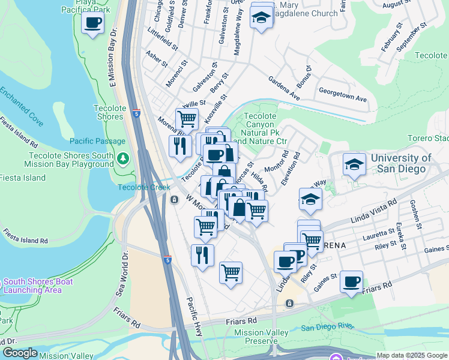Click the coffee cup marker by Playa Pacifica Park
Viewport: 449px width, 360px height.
[92, 23]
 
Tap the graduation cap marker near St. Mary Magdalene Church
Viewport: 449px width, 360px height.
[262, 18]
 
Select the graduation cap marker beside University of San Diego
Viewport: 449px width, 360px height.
[354, 163]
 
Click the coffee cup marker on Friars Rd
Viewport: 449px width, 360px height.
[351, 281]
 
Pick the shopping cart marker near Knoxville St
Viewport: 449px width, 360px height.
[187, 119]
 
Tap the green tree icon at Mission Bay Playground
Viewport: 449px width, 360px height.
[123, 159]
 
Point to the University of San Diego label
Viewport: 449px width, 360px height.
[401, 163]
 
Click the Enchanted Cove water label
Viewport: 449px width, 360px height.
[22, 106]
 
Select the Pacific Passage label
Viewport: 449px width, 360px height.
[98, 142]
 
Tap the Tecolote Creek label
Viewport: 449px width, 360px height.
[144, 187]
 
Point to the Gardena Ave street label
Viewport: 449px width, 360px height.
[283, 88]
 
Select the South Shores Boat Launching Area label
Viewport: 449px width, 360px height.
[39, 286]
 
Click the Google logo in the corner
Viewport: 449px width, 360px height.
[20, 353]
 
